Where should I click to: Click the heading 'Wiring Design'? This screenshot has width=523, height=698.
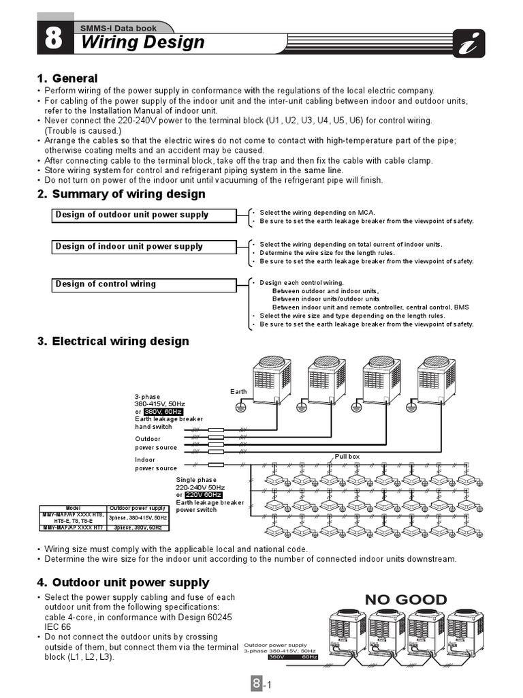(142, 42)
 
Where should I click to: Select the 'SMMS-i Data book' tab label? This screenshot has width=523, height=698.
(118, 28)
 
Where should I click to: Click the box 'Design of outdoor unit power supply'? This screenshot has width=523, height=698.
(144, 215)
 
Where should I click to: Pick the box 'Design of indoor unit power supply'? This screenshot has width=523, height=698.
(144, 247)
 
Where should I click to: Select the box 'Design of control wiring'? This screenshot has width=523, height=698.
(144, 284)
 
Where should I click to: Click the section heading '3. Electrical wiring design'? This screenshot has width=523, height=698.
(114, 341)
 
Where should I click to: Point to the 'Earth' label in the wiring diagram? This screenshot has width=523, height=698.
(238, 391)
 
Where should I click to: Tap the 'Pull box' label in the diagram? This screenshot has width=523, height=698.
(347, 456)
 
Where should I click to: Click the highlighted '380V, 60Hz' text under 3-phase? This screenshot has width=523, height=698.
(164, 411)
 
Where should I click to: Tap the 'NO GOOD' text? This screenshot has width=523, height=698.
(406, 600)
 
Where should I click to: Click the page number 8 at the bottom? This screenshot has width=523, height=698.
(256, 683)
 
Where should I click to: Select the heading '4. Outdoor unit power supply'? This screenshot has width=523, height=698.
(123, 582)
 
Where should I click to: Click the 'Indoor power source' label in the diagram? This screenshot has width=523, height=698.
(156, 464)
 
